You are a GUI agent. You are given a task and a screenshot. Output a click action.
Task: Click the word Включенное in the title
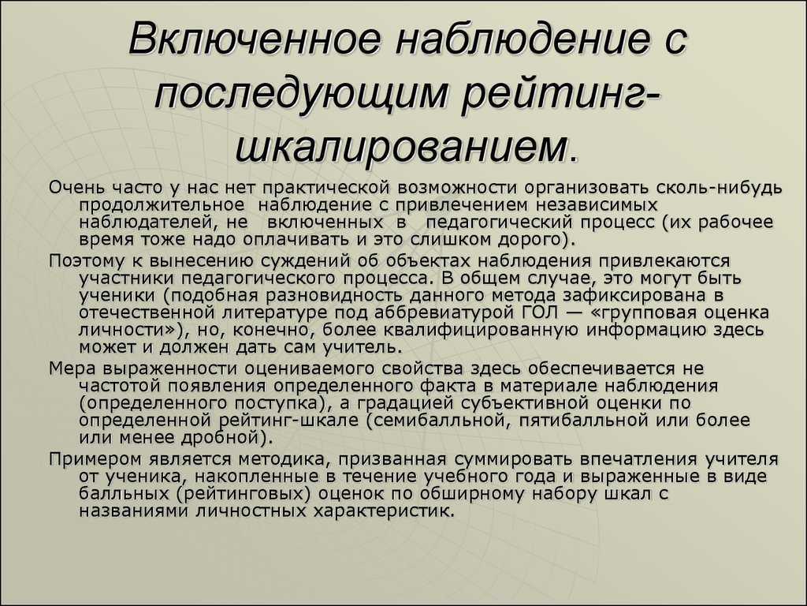point(255,39)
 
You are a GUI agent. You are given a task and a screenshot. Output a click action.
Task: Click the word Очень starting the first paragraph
point(77,188)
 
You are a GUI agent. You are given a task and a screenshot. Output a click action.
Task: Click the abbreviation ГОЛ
point(543,312)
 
